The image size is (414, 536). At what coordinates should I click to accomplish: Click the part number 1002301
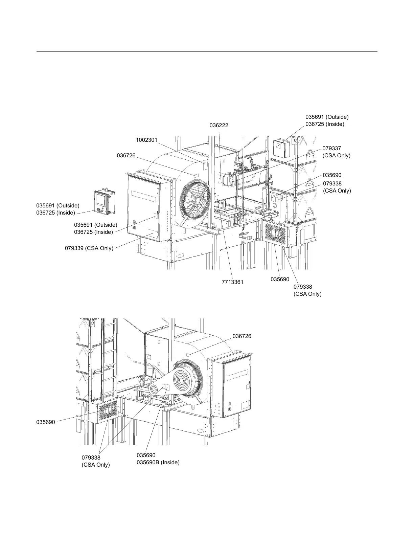point(147,140)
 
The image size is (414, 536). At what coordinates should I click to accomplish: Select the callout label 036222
point(219,126)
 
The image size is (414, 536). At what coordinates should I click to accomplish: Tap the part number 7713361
point(232,282)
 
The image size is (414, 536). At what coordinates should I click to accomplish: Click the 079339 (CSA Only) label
point(89,248)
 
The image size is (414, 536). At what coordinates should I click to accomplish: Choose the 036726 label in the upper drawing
point(126,156)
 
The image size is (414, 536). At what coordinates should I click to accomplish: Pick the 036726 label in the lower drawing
point(242,336)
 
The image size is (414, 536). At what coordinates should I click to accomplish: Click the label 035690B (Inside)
point(158,463)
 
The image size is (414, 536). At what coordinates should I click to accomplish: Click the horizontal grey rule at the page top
point(207,51)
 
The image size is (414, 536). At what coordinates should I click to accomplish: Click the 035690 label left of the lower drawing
point(46,422)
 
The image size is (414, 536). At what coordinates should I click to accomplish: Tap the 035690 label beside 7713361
point(280,280)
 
